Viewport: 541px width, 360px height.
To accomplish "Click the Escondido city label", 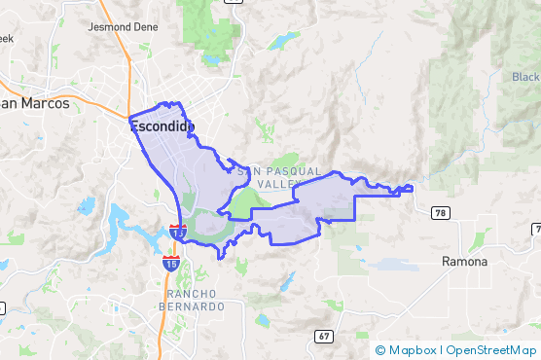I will (162, 126).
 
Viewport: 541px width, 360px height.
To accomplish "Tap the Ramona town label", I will (463, 262).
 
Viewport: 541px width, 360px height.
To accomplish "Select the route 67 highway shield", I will (323, 336).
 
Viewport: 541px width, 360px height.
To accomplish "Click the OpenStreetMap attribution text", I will (490, 350).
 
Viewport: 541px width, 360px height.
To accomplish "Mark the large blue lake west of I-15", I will (122, 226).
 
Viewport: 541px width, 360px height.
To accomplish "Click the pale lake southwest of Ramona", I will (394, 264).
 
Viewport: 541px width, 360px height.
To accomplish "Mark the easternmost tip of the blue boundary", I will (412, 188).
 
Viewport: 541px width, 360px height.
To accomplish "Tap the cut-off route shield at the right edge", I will (536, 228).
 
